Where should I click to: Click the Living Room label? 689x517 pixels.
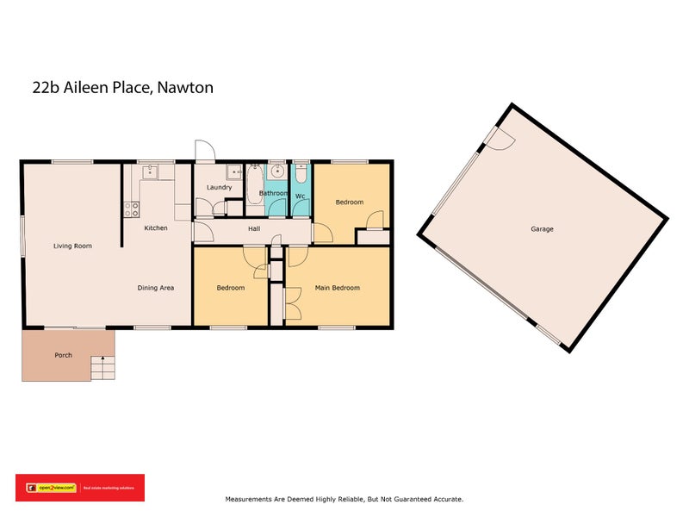point(72,246)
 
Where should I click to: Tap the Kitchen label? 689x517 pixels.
point(156,228)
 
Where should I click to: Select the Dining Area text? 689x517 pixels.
point(156,288)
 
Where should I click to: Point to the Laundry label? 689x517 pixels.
point(219,187)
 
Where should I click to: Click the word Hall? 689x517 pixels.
point(254,229)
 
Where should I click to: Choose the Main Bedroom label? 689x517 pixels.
point(337,288)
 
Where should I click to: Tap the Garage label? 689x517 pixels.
point(542,229)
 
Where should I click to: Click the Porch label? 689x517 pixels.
point(63,355)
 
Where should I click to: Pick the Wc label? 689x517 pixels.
point(300,196)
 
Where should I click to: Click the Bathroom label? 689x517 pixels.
point(274,193)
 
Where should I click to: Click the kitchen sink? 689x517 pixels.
point(150,171)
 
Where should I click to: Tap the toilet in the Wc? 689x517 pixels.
point(301,171)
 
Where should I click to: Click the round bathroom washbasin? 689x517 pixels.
point(276,171)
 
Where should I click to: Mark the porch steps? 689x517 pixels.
point(102,369)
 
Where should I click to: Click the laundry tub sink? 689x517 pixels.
point(234,171)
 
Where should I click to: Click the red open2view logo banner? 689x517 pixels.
point(79,488)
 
